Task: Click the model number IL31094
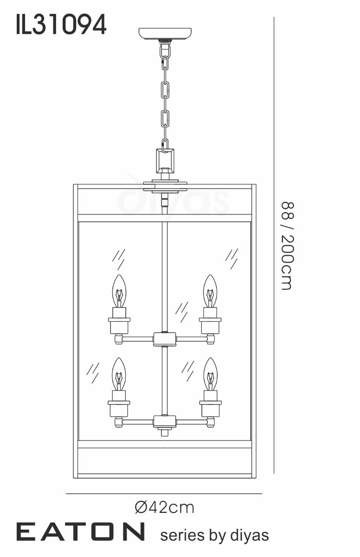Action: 61,24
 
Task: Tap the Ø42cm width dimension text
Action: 165,507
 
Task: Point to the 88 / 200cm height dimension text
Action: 288,246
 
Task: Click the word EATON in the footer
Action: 81,531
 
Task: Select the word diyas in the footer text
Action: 250,534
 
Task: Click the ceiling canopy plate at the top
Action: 165,34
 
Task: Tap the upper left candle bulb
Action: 120,291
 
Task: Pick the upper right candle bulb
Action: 211,291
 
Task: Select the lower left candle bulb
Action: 119,374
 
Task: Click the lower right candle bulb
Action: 211,374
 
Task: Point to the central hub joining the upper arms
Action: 165,339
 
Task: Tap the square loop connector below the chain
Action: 165,161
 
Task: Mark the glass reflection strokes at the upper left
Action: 118,259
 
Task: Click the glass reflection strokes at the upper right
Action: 231,259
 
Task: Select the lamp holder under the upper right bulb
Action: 210,321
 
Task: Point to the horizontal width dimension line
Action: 164,493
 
